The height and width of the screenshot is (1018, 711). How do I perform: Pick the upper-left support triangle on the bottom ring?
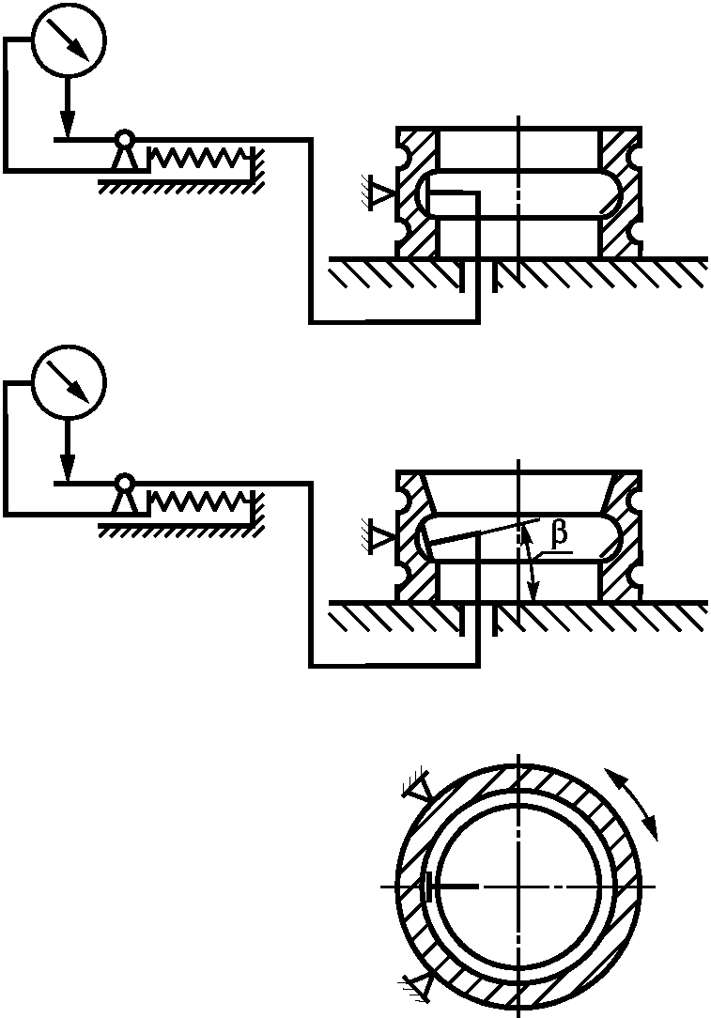419,792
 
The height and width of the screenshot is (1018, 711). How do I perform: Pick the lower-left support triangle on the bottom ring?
419,983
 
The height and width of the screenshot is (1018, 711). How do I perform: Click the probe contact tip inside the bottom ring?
428,886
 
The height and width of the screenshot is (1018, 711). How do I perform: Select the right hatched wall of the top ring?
620,193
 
